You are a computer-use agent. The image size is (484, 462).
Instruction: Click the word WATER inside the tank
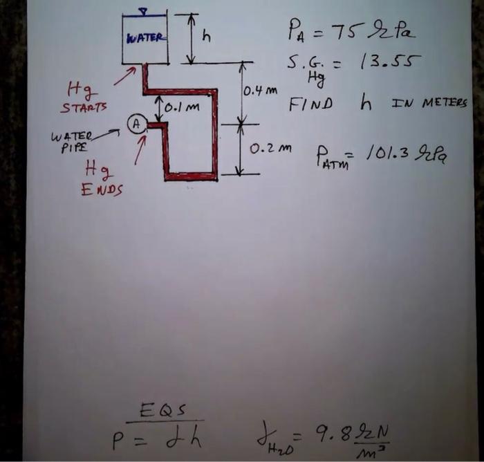click(145, 37)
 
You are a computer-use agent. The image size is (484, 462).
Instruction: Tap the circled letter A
click(137, 124)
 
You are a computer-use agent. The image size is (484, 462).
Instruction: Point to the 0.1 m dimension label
click(181, 109)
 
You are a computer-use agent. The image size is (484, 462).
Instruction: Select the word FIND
click(310, 104)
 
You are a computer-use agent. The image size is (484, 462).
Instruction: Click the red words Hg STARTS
click(84, 98)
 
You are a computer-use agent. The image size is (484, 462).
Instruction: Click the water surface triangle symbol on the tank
click(143, 10)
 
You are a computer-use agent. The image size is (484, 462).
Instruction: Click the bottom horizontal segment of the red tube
click(190, 176)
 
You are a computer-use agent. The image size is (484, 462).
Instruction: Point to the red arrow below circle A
click(140, 150)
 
